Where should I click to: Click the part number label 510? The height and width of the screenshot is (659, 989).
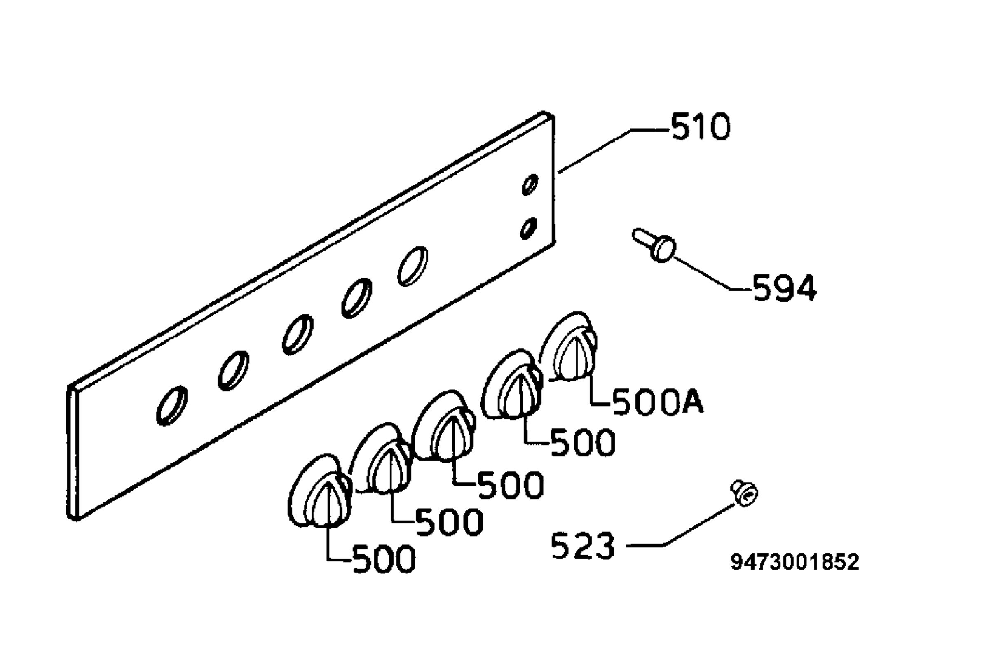[x=701, y=126]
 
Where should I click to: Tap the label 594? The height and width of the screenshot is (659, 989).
[x=784, y=288]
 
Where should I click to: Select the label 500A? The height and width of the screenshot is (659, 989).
[x=658, y=402]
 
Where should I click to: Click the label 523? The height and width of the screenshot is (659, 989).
[x=583, y=545]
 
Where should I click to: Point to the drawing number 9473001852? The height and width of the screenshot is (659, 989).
[x=795, y=562]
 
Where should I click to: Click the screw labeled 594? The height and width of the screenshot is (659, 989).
[x=654, y=245]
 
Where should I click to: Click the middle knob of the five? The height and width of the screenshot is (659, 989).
[x=444, y=427]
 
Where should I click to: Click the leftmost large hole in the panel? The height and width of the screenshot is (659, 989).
[x=172, y=405]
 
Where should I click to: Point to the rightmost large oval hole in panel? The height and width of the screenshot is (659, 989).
[x=413, y=266]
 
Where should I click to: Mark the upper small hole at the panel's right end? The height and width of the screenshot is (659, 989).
[x=530, y=185]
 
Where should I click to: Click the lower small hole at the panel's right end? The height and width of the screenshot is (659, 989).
[x=529, y=229]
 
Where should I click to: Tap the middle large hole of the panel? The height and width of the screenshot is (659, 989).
[x=298, y=334]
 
